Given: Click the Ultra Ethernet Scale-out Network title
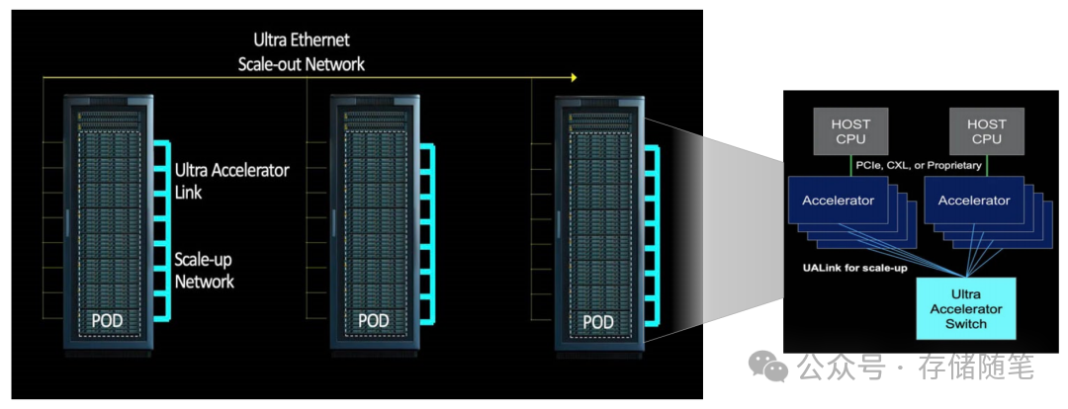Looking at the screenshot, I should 301,52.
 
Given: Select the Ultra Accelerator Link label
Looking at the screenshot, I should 231,181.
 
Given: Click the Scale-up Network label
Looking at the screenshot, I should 205,271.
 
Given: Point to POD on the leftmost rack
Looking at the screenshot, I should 108,321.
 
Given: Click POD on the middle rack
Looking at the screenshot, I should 374,321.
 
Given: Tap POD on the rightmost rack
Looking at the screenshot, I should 597,322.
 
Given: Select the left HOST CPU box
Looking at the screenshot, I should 850,131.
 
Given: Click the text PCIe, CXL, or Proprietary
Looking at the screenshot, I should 919,166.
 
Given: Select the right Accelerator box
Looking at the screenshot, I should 973,201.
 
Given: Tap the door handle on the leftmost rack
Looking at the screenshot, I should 66,222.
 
